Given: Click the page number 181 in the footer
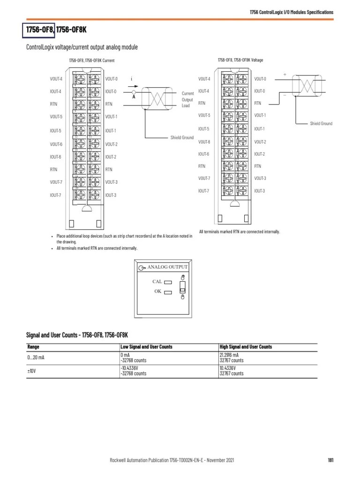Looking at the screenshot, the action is click(x=330, y=460).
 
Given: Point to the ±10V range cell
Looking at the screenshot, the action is click(x=31, y=371).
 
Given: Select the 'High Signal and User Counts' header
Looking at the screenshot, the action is click(x=246, y=347).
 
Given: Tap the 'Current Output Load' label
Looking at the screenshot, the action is click(x=187, y=99).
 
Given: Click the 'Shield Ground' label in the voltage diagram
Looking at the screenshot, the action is click(x=321, y=123).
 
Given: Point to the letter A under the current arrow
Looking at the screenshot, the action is click(x=134, y=97).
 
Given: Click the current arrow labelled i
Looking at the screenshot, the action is click(x=134, y=86).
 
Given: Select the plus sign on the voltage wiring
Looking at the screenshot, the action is click(x=284, y=74).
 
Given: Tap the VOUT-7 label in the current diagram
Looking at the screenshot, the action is click(x=56, y=182).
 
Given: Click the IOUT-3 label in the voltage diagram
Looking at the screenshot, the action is click(x=260, y=191).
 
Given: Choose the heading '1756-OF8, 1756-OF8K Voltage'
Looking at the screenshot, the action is click(x=240, y=60).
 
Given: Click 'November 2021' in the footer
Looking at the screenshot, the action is click(x=219, y=460).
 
